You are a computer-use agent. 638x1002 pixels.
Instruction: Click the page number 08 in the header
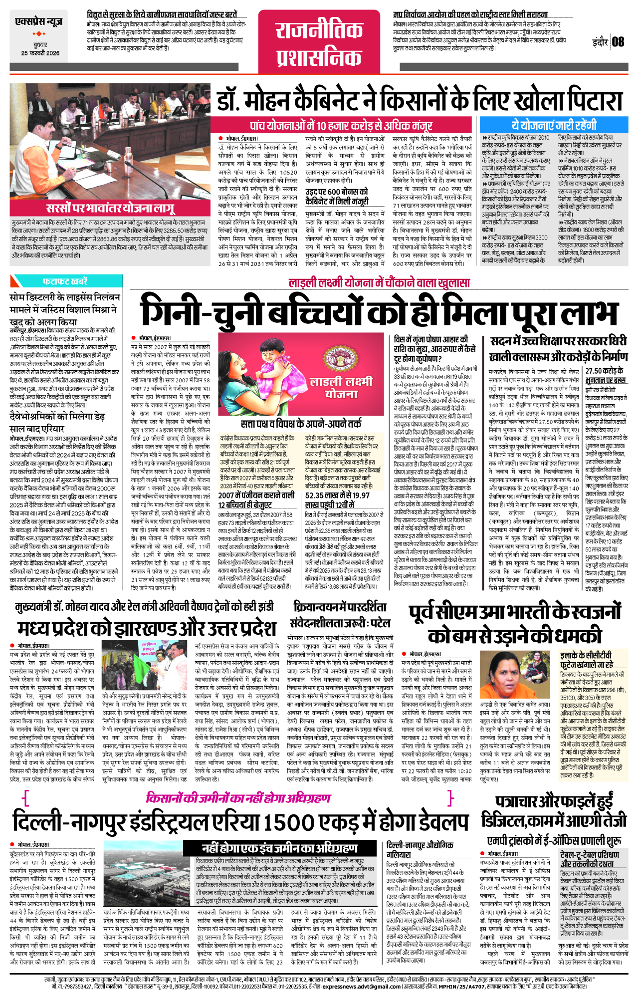point(618,41)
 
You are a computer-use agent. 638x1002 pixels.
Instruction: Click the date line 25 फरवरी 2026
point(40,53)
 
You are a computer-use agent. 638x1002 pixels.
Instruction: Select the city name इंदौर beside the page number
point(600,42)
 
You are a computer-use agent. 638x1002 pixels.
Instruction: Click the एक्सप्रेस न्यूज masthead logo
point(39,22)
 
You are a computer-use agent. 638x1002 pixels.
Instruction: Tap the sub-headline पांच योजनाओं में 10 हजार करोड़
point(341,126)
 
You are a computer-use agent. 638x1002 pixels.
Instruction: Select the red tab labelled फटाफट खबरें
point(65,281)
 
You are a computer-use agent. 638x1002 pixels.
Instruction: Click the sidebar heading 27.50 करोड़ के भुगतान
point(605,375)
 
